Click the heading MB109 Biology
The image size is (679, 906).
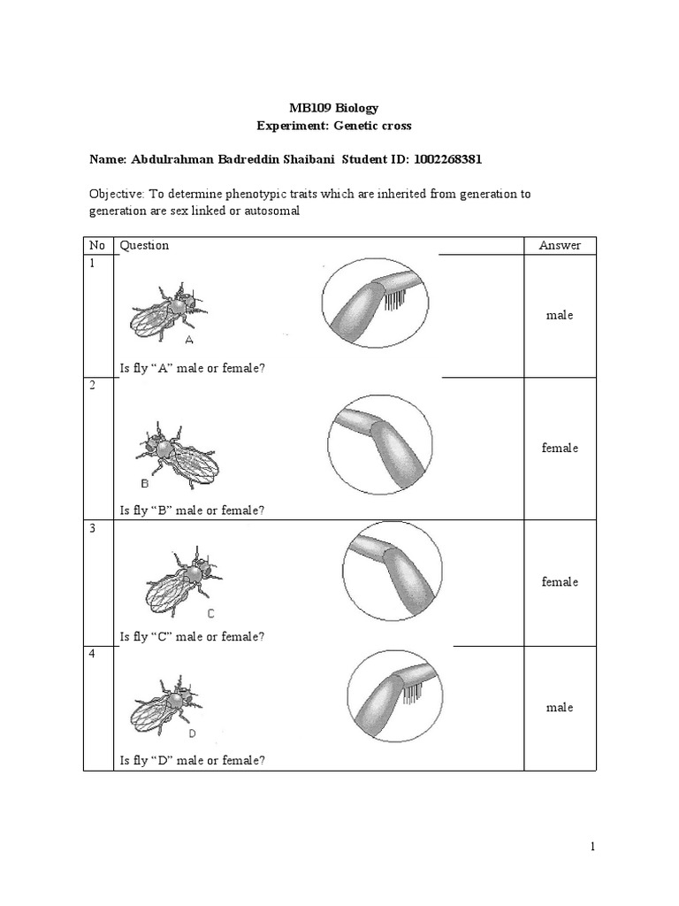click(x=339, y=108)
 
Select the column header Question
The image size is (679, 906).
click(x=144, y=245)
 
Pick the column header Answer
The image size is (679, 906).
click(x=560, y=245)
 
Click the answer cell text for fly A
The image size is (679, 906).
click(x=560, y=316)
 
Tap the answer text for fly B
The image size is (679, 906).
click(x=560, y=448)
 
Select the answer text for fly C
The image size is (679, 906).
click(x=560, y=581)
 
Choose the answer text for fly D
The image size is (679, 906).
click(x=560, y=707)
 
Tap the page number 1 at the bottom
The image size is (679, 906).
click(x=594, y=848)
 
